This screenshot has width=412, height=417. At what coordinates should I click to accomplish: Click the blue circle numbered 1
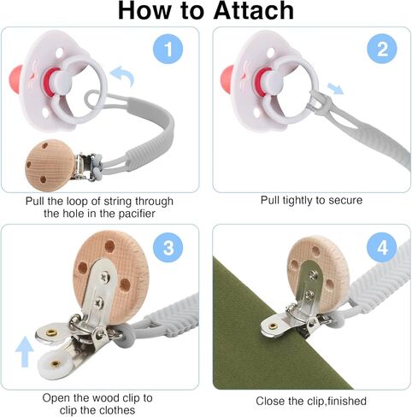click(168, 49)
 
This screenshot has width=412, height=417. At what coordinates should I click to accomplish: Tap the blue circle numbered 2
click(382, 49)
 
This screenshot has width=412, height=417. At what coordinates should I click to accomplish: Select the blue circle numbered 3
click(168, 247)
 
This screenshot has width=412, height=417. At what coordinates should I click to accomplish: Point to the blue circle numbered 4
click(382, 247)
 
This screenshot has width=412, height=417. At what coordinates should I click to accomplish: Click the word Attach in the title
click(254, 11)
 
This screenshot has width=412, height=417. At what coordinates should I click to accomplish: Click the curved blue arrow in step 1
click(123, 75)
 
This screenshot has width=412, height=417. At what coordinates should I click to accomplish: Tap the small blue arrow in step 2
click(335, 88)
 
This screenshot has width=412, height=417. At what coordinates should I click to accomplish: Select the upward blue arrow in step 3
click(24, 351)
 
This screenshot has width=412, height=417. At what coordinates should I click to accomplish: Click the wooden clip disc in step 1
click(50, 165)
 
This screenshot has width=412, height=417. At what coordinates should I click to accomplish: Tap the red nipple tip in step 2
click(227, 79)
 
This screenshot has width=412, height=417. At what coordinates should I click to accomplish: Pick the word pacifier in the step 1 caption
click(137, 214)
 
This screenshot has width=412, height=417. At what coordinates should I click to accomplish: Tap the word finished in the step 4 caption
click(347, 401)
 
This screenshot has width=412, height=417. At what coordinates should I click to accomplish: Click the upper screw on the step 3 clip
click(105, 277)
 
